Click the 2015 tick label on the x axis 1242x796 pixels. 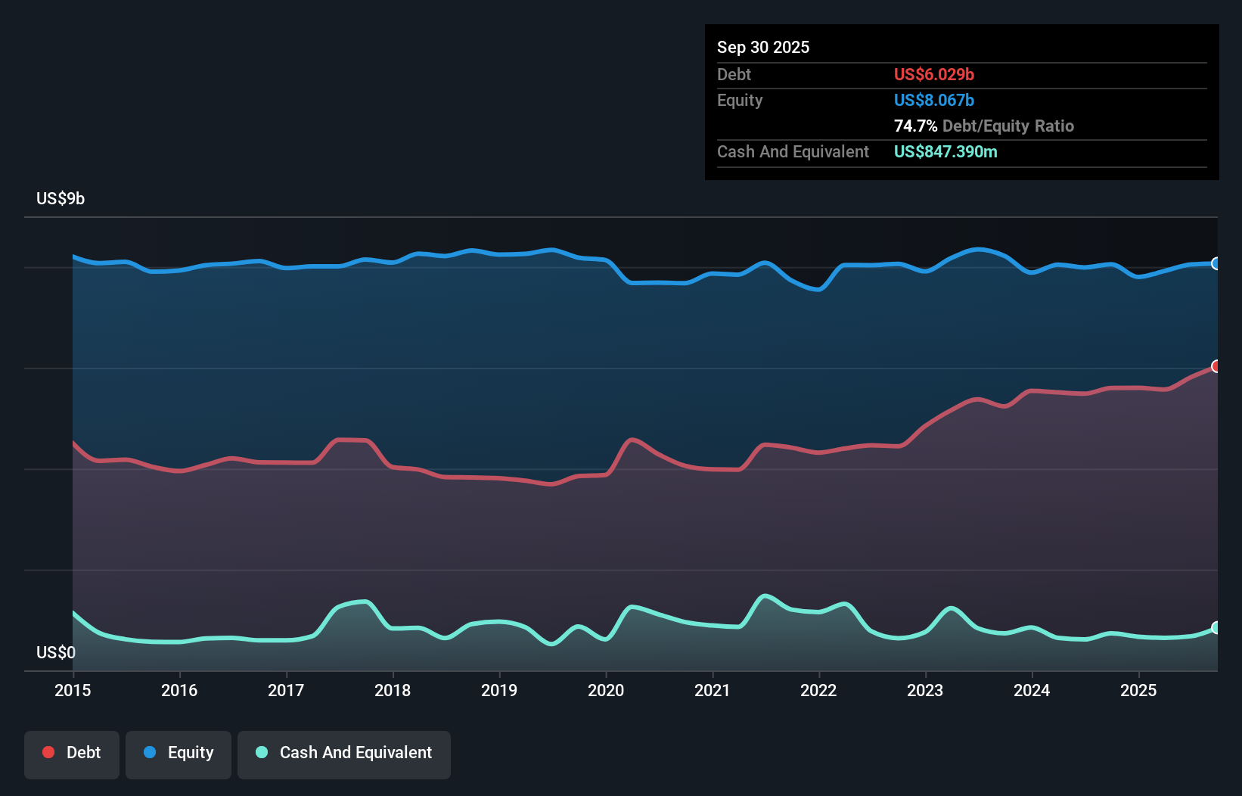73,690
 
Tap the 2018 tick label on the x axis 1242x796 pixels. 393,690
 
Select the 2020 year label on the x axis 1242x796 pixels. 606,690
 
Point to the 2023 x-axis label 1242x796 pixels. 925,690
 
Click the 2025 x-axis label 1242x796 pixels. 1138,690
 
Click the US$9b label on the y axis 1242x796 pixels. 61,198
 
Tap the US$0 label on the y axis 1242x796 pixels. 56,652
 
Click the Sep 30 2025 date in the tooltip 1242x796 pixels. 763,47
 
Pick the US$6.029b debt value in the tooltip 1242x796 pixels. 934,74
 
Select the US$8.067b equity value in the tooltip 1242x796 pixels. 934,100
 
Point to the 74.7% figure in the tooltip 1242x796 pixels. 915,126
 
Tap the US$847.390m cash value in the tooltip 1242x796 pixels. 945,151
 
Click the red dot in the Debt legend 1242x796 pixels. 48,752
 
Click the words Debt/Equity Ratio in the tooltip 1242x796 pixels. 1008,126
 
